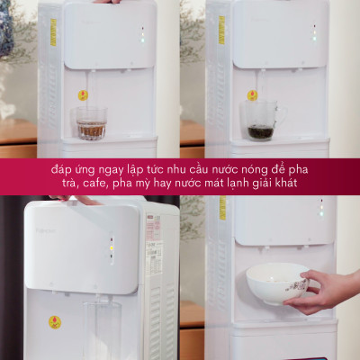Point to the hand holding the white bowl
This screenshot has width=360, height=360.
pyautogui.click(x=327, y=290)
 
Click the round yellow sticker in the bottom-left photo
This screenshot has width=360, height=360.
pyautogui.click(x=55, y=321)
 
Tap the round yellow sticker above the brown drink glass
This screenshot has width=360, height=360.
pyautogui.click(x=83, y=94)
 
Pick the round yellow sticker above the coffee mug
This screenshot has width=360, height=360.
pyautogui.click(x=252, y=94)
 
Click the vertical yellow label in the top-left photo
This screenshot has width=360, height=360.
pyautogui.click(x=52, y=31)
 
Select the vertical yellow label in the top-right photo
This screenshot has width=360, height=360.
pyautogui.click(x=221, y=29)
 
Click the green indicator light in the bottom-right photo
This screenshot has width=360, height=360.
pyautogui.click(x=321, y=213)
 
